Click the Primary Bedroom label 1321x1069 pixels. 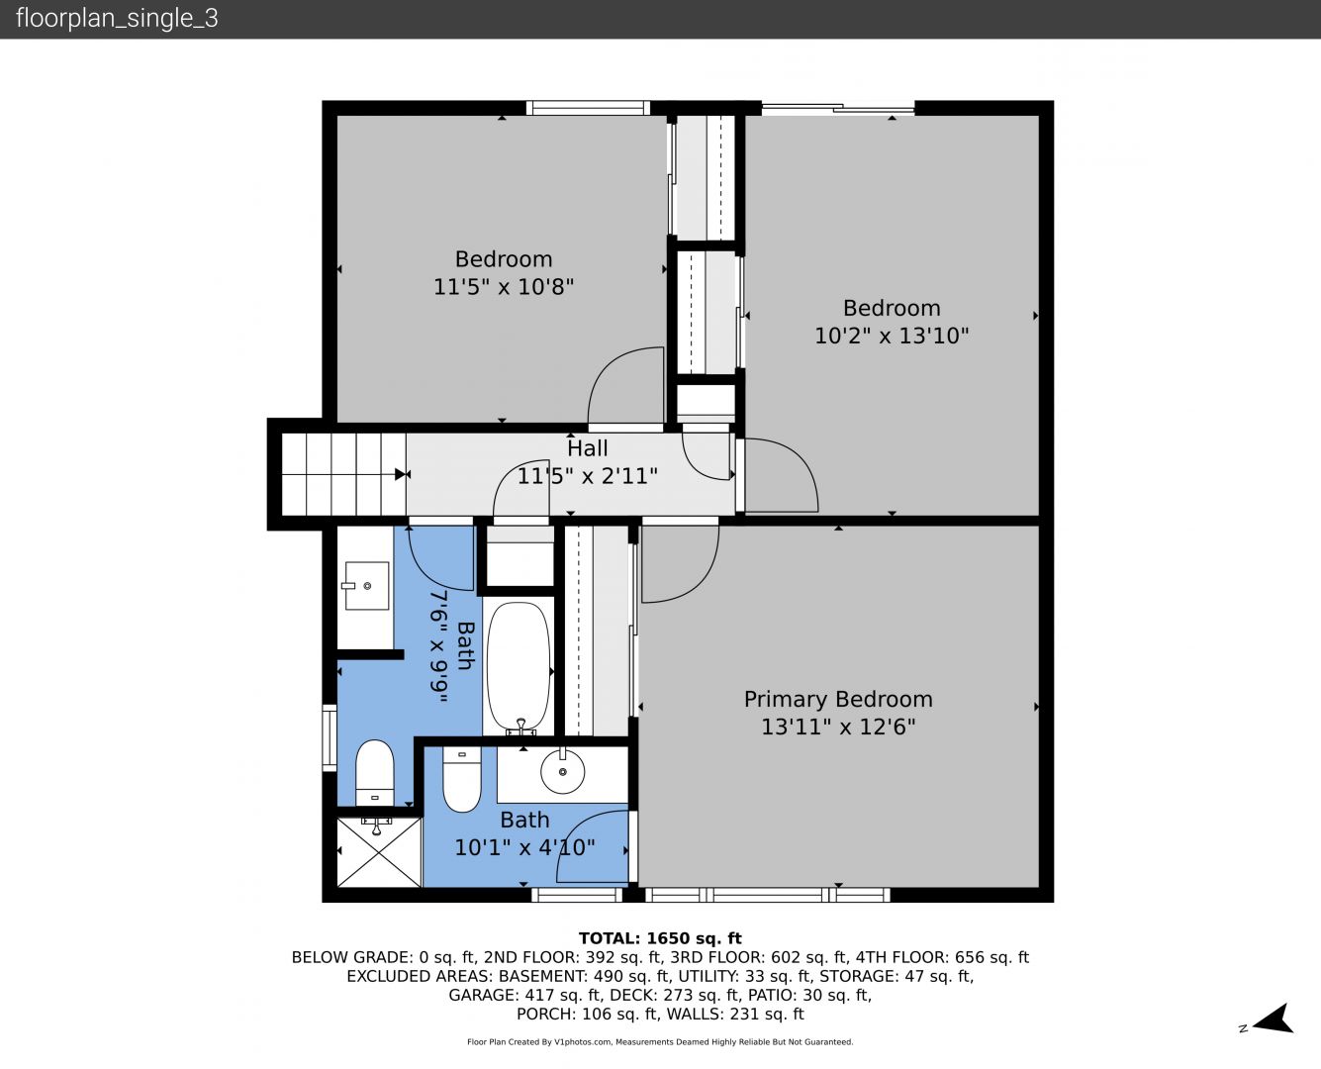point(838,699)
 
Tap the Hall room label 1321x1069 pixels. point(588,448)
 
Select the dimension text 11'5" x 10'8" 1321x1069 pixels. point(504,287)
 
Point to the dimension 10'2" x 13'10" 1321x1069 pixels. point(892,336)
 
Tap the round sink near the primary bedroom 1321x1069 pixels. point(562,771)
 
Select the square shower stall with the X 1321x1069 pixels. point(379,852)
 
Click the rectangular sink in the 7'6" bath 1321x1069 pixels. point(366,586)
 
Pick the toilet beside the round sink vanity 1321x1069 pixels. point(461,779)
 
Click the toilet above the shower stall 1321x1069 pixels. point(375,772)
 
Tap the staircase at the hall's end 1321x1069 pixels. point(343,475)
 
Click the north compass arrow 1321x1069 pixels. point(1273,1020)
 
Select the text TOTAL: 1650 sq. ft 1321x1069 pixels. point(660,938)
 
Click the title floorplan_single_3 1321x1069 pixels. point(117,19)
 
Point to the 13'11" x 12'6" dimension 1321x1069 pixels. point(838,727)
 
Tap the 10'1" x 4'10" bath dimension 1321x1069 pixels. point(524,847)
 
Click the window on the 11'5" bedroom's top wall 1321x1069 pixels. point(588,108)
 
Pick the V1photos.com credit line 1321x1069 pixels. point(660,1042)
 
